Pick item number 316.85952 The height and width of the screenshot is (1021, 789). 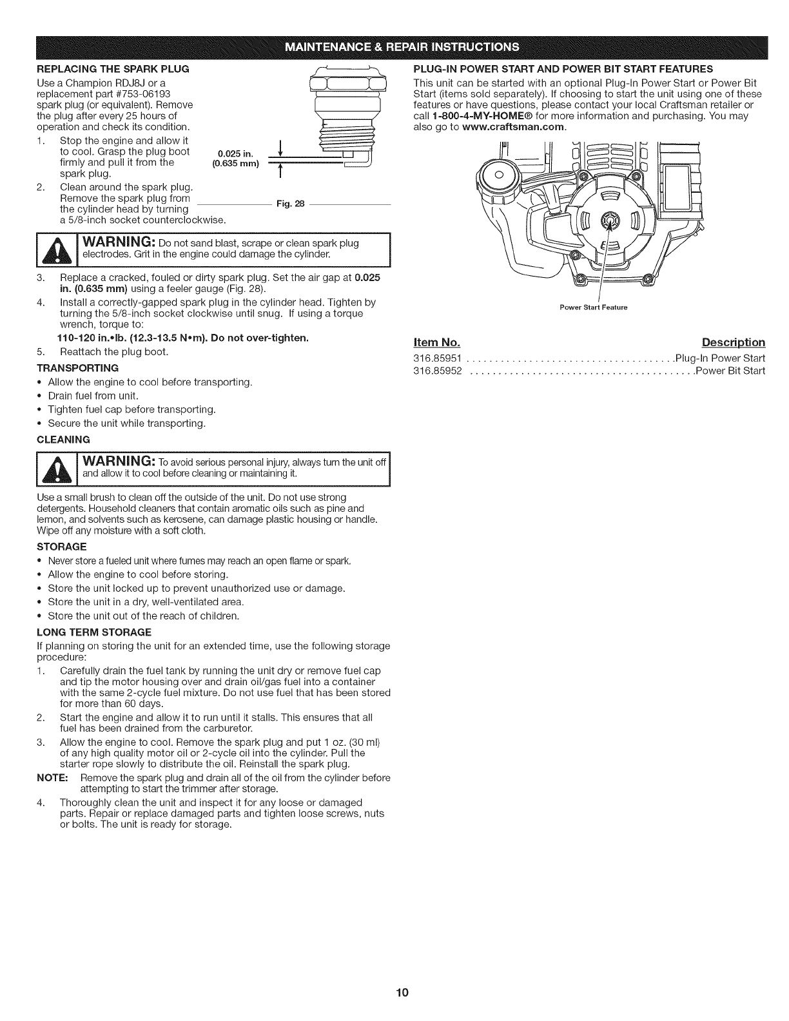tap(438, 371)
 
